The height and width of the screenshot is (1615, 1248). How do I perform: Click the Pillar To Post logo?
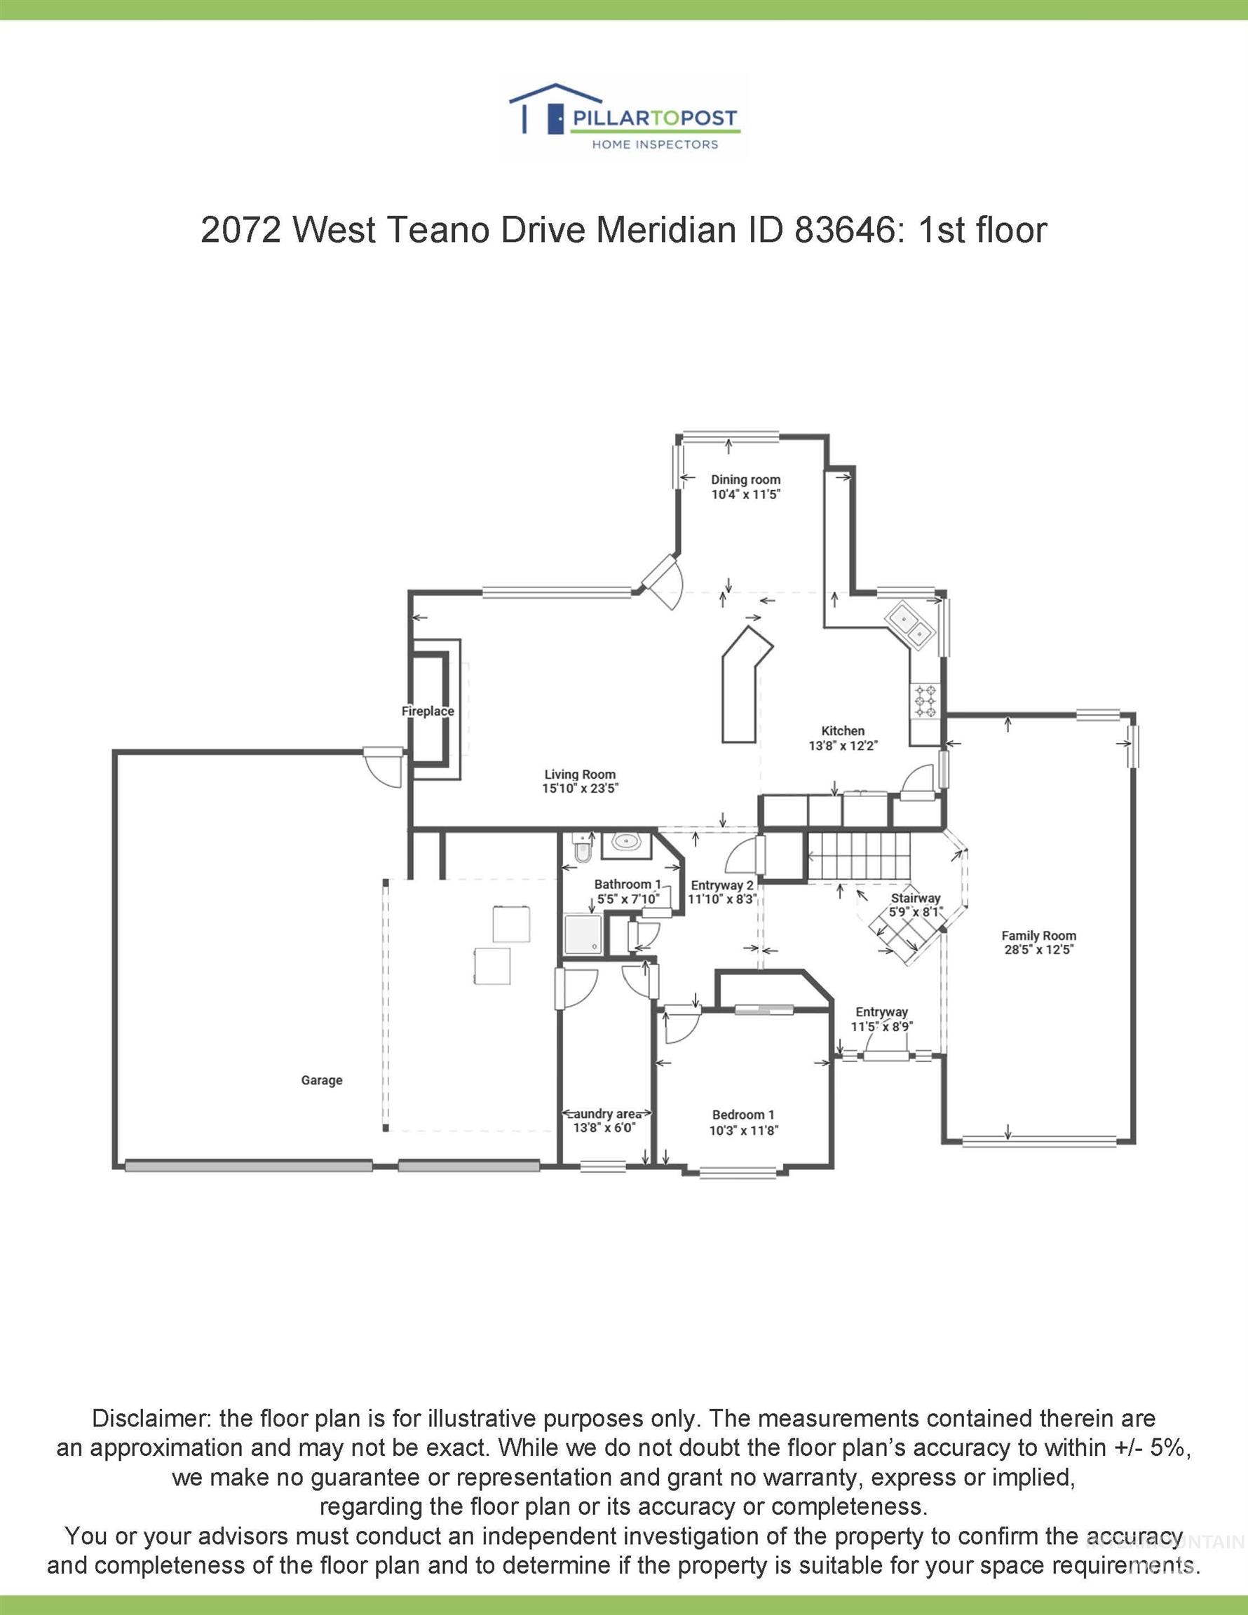pos(623,117)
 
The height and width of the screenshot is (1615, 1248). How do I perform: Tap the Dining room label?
pos(746,479)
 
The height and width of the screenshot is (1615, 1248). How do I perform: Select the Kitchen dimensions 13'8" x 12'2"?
pos(843,746)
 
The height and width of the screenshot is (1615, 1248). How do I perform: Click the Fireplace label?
pos(428,711)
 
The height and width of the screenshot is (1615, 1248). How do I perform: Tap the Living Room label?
pos(580,775)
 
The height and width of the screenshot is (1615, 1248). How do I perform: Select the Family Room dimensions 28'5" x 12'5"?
pos(1038,950)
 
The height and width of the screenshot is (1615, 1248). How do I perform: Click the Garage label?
pos(322,1080)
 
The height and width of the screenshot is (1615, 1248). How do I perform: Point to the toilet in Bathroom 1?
pos(583,848)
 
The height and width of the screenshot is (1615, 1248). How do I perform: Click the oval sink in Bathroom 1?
pos(628,843)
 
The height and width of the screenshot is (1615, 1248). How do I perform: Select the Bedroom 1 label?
pos(743,1115)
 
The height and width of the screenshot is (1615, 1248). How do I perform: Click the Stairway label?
pos(916,898)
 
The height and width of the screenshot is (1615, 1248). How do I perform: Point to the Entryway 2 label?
pos(722,885)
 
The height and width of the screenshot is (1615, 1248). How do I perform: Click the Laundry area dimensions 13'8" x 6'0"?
pos(604,1128)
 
